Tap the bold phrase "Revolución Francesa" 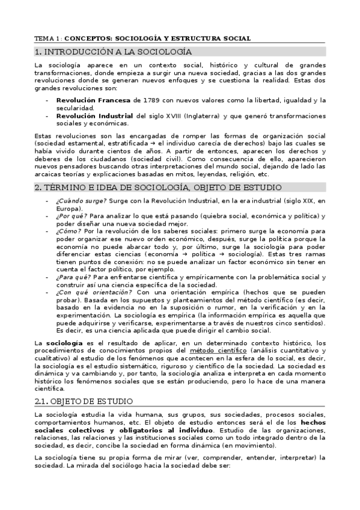(x=94, y=100)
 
